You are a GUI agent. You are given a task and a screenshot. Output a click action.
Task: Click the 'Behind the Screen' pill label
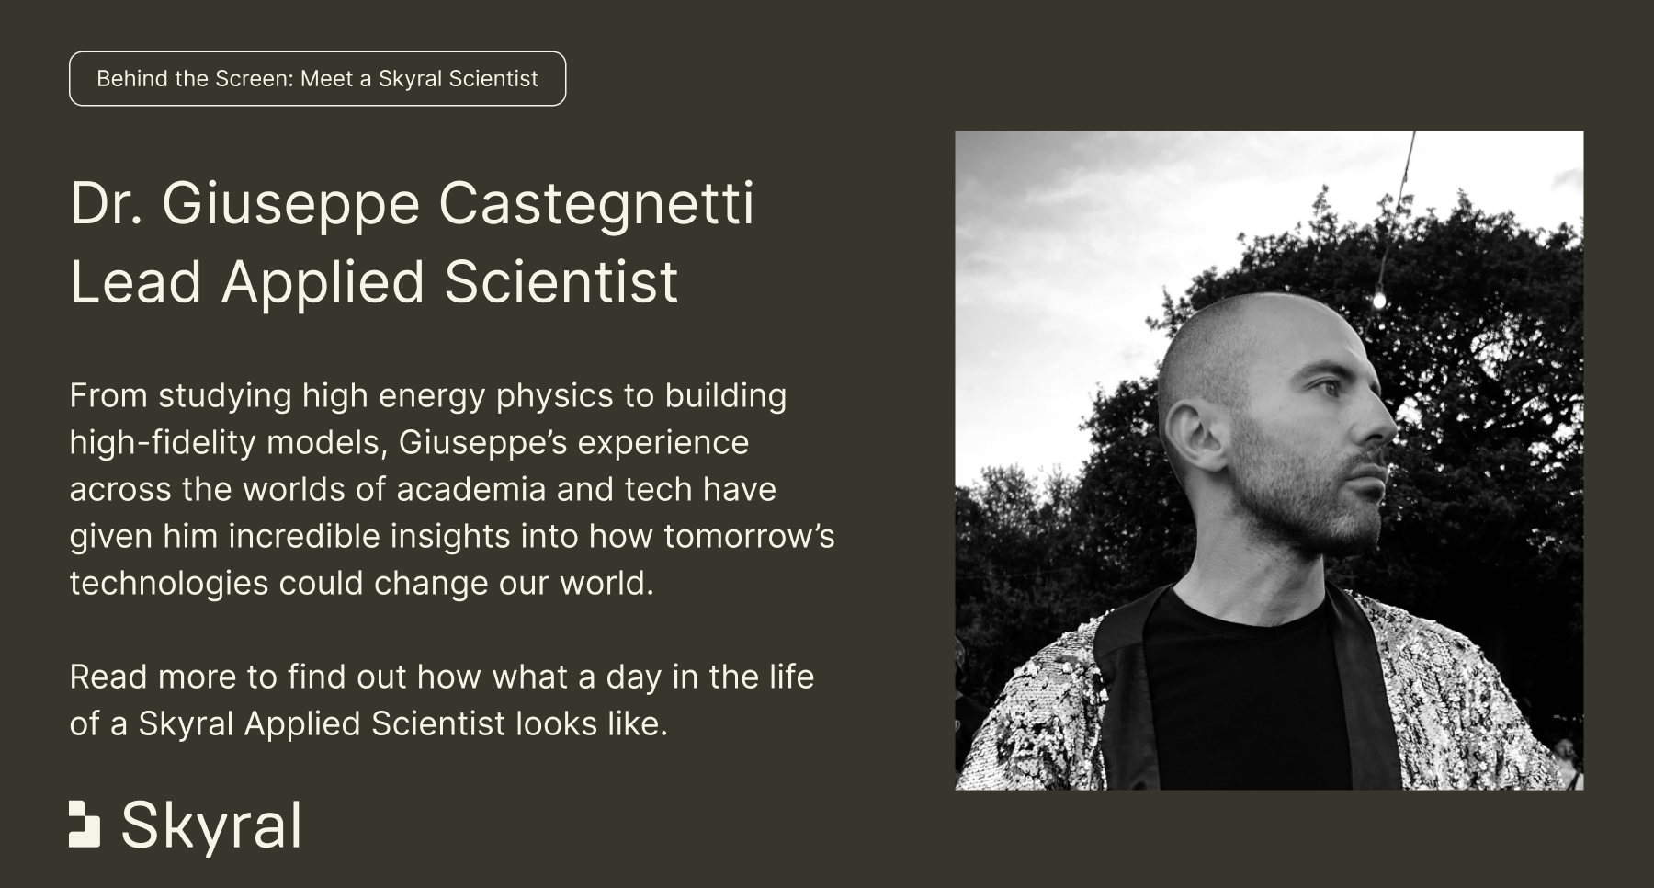[317, 79]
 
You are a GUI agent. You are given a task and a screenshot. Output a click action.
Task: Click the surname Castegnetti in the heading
[596, 203]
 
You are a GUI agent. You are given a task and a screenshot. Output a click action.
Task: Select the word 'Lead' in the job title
[136, 281]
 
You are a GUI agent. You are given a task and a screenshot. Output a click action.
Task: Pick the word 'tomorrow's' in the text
[749, 536]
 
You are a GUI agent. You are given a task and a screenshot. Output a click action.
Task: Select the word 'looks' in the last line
[557, 724]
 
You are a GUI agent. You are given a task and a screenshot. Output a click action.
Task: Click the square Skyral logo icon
[85, 824]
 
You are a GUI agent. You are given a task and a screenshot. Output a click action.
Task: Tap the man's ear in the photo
[1194, 436]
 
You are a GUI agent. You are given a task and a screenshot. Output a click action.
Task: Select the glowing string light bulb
[1378, 300]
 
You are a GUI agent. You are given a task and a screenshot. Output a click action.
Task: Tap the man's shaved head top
[1259, 317]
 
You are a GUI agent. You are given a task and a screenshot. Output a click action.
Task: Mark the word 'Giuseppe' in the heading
[290, 205]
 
